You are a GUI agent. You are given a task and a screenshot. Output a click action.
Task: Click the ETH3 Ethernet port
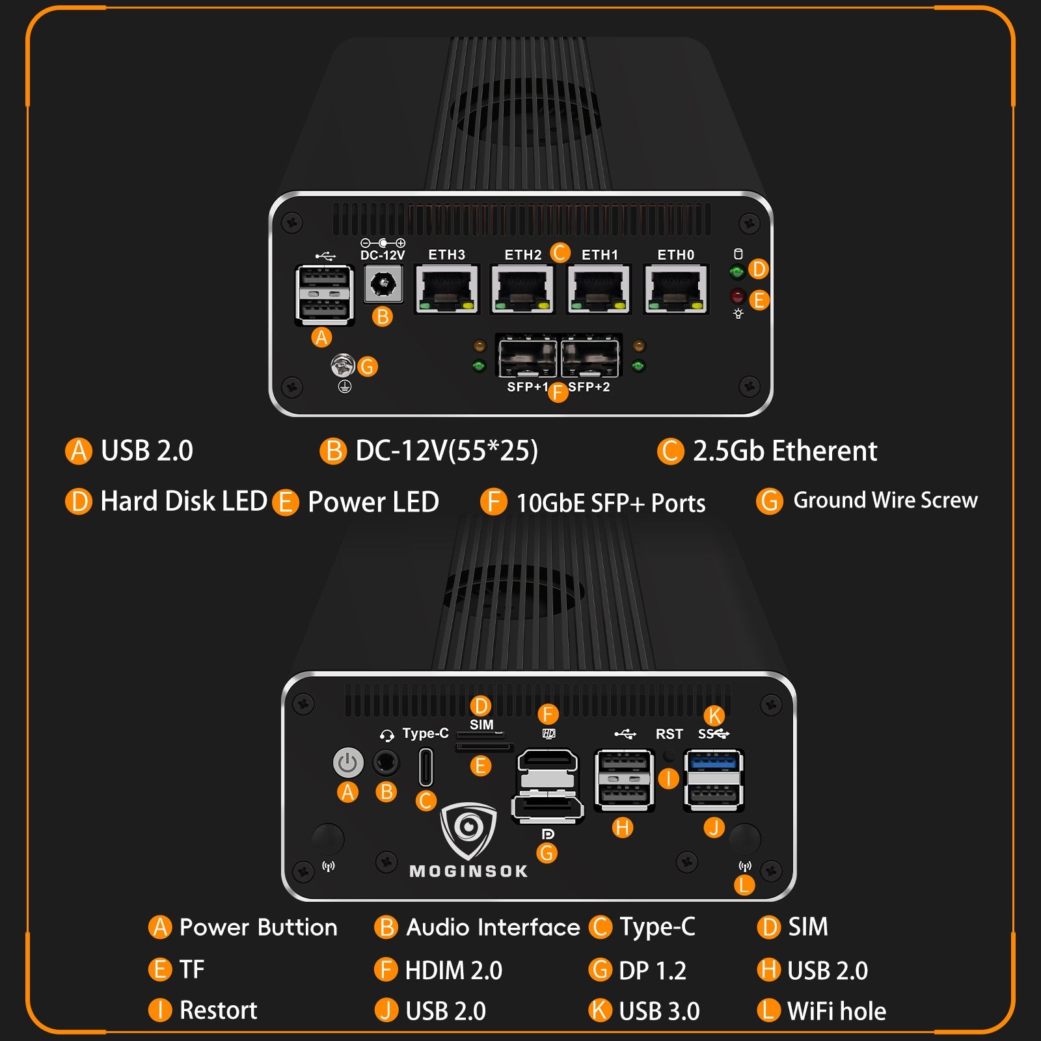pos(447,289)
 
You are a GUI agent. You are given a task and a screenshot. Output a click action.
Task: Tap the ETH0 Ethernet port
pos(676,289)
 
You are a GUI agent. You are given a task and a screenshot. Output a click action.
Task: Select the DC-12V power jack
pos(383,284)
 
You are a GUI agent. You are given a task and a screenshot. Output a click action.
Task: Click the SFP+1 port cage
pos(527,357)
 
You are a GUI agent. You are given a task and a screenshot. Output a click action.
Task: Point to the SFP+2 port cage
pos(590,357)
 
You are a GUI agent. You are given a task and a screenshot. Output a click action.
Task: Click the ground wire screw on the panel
pos(342,366)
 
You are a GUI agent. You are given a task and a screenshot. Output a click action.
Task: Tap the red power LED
pos(737,297)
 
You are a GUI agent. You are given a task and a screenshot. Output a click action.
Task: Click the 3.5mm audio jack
pos(386,763)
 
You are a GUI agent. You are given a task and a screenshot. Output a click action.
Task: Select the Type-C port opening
pos(426,767)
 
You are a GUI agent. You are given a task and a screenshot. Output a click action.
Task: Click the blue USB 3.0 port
pos(714,761)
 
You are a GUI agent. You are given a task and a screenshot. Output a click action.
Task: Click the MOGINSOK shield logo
pos(468,830)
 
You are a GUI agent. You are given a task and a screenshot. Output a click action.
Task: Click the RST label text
pos(669,735)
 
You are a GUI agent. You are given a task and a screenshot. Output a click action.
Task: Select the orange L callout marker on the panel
pos(744,885)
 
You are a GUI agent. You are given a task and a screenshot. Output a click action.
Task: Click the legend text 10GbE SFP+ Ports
pos(610,503)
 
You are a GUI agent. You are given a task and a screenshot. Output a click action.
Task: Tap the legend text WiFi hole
pos(836,1011)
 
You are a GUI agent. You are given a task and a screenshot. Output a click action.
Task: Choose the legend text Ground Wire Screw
pos(885,500)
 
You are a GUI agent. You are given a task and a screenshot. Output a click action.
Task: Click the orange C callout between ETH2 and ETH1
pos(560,252)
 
